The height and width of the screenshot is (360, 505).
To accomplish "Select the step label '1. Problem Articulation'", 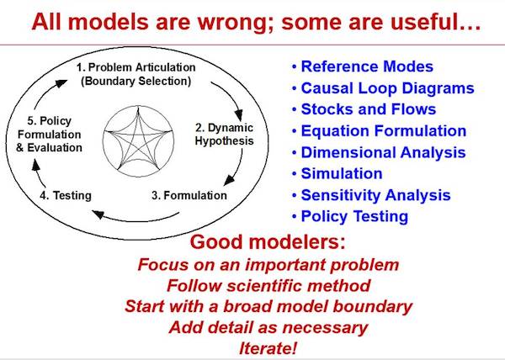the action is (136, 67).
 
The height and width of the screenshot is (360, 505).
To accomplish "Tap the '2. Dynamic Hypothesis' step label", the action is (224, 134).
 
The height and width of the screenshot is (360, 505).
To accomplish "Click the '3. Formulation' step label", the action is (189, 195).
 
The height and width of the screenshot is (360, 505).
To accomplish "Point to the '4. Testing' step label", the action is (66, 195).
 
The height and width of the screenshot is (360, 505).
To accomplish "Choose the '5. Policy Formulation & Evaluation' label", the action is (50, 134).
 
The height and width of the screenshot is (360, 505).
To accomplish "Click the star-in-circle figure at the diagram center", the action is (139, 141).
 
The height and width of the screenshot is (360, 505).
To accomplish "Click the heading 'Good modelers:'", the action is (268, 241).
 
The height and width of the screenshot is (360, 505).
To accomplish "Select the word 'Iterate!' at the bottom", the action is (268, 348).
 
